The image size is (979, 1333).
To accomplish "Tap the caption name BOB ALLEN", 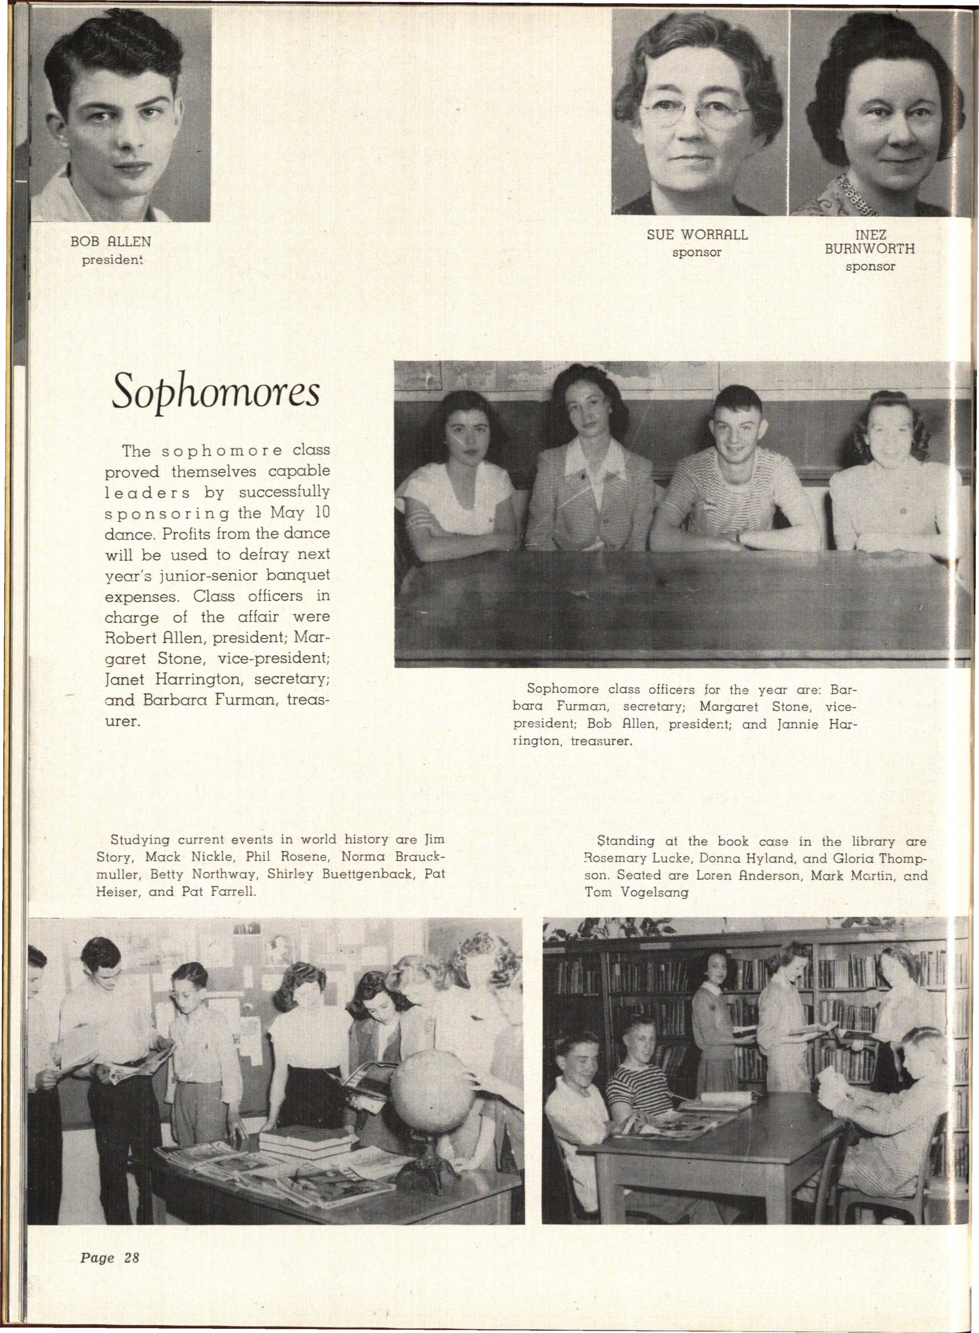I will [x=111, y=242].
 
